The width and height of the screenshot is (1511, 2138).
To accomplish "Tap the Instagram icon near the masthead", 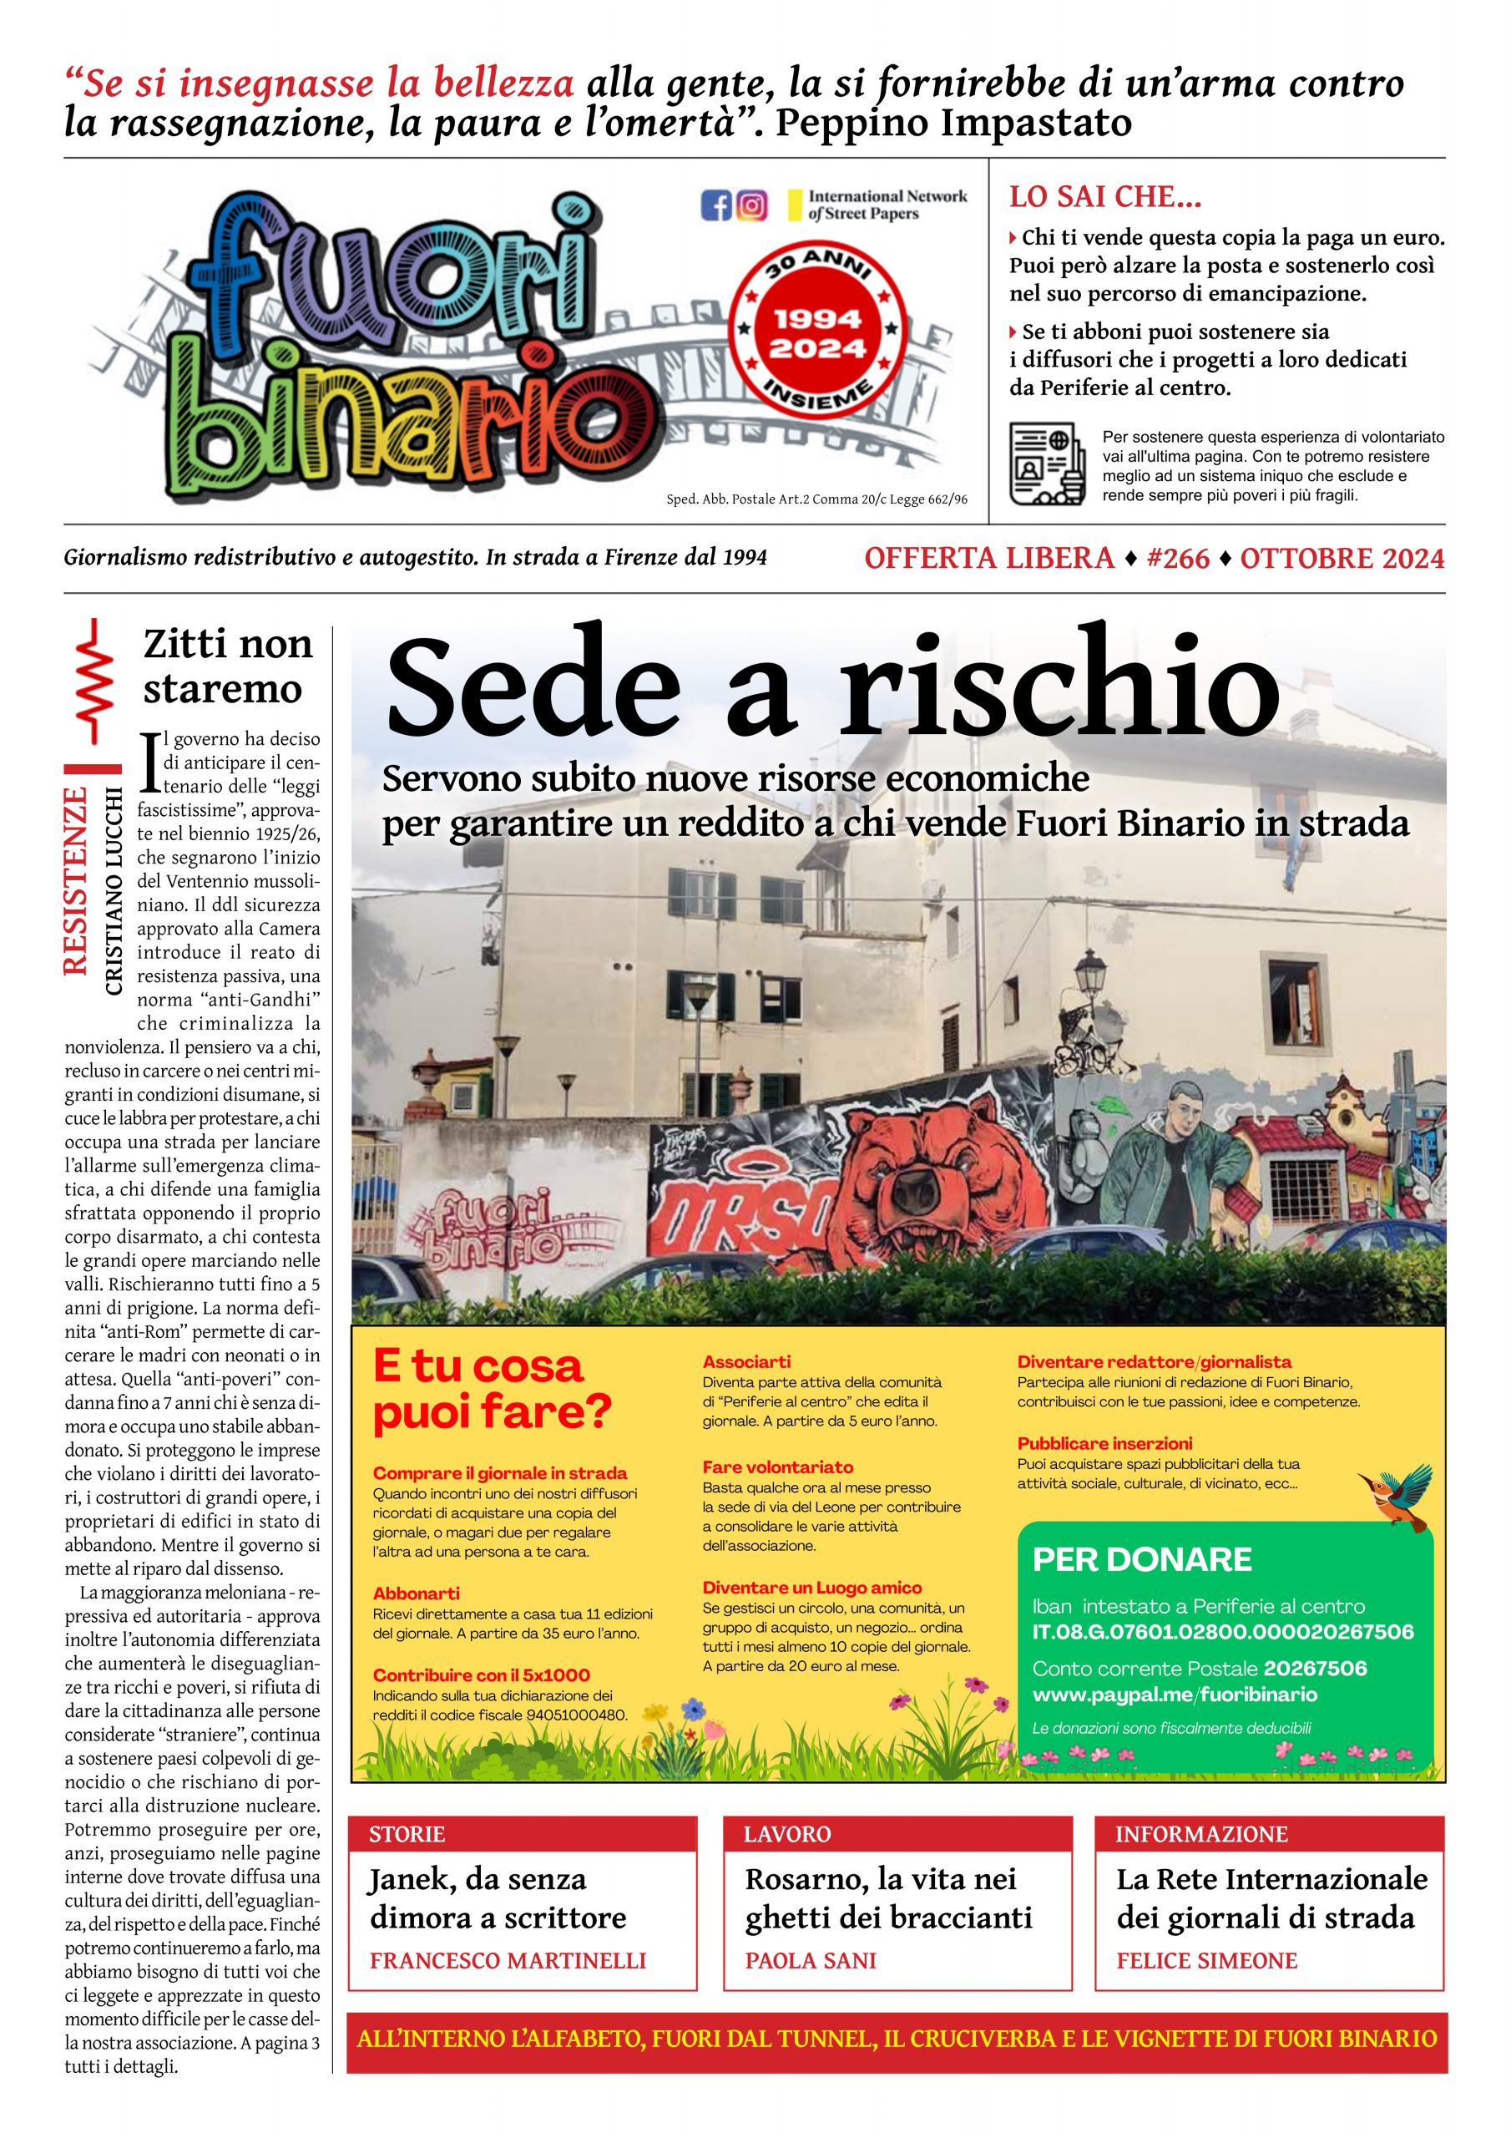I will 751,205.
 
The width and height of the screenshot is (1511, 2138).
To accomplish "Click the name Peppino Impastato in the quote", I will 953,122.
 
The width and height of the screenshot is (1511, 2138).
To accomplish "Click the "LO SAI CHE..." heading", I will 1105,197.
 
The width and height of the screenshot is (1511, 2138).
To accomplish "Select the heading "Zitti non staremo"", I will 226,666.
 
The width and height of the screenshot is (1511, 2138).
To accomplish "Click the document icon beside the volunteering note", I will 1048,464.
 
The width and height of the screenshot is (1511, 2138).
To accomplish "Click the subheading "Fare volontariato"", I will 777,1467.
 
